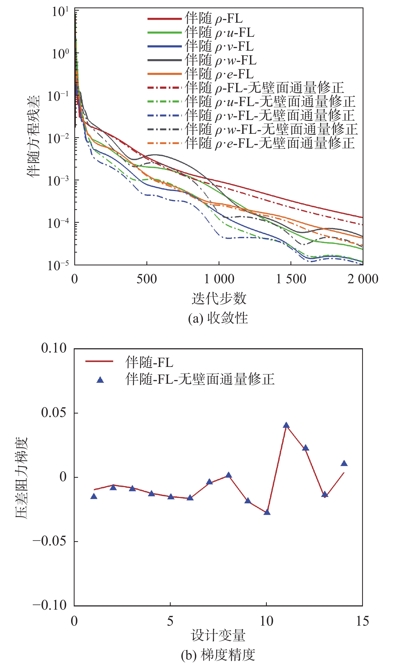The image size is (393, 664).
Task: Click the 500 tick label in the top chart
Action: point(147,279)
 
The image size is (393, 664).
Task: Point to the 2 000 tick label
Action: point(363,279)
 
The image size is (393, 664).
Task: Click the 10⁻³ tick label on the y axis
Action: point(58,181)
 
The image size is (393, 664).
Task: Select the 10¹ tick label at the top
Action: point(60,12)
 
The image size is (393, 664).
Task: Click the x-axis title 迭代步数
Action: point(219,298)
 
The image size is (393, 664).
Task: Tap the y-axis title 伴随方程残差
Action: point(34,136)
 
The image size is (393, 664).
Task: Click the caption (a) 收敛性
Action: point(218,318)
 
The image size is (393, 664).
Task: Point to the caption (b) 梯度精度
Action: point(218,655)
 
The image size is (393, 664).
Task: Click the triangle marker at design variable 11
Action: point(286,425)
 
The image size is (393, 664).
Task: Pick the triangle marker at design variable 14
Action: point(344,464)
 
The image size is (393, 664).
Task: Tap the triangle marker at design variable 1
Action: point(94,496)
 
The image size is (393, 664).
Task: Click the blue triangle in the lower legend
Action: point(100,380)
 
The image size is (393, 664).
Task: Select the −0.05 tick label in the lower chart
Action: point(50,541)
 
